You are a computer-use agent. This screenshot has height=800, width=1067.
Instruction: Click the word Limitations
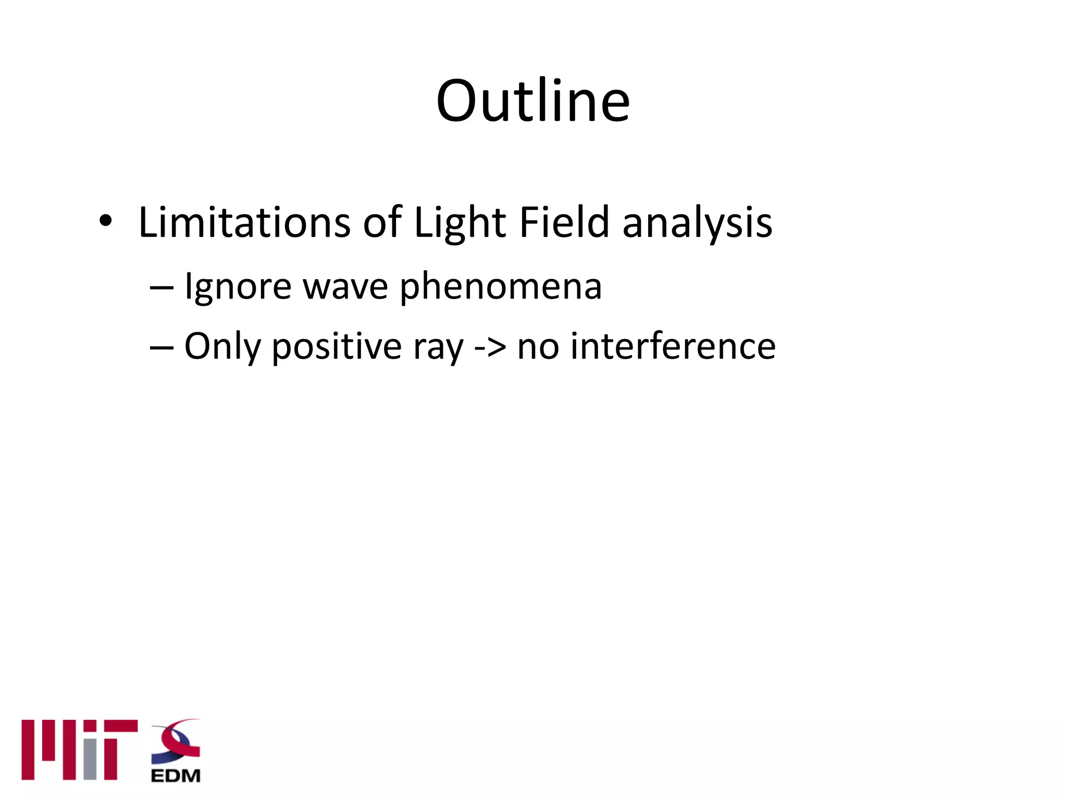click(x=244, y=222)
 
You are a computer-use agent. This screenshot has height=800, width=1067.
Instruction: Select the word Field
click(x=564, y=222)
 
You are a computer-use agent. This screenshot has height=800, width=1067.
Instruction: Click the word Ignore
click(x=238, y=287)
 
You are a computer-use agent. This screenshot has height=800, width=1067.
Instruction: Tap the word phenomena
click(x=501, y=287)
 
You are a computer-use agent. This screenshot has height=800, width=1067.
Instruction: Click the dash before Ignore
click(x=161, y=287)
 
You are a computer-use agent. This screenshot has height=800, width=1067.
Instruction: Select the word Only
click(x=222, y=347)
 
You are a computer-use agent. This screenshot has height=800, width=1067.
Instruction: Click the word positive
click(x=337, y=347)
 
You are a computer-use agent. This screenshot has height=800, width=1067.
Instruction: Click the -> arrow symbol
click(x=490, y=347)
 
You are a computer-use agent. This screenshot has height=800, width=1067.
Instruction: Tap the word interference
click(x=673, y=347)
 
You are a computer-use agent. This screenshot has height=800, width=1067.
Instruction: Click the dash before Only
click(x=161, y=347)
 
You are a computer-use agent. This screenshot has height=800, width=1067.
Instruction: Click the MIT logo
click(x=79, y=750)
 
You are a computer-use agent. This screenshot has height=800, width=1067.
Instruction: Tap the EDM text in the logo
click(x=176, y=776)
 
